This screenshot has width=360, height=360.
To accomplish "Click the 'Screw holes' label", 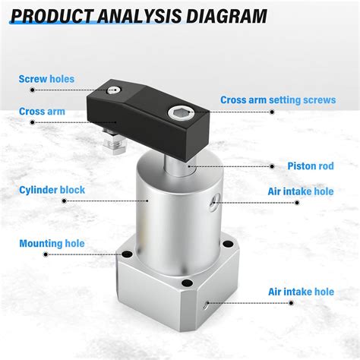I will [x=46, y=78].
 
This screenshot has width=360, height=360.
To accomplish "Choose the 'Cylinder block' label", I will [x=52, y=190].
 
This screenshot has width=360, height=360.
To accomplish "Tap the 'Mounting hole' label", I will [x=51, y=244].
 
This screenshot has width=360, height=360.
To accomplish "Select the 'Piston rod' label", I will [x=311, y=166].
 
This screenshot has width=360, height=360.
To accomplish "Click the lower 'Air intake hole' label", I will [x=301, y=291].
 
